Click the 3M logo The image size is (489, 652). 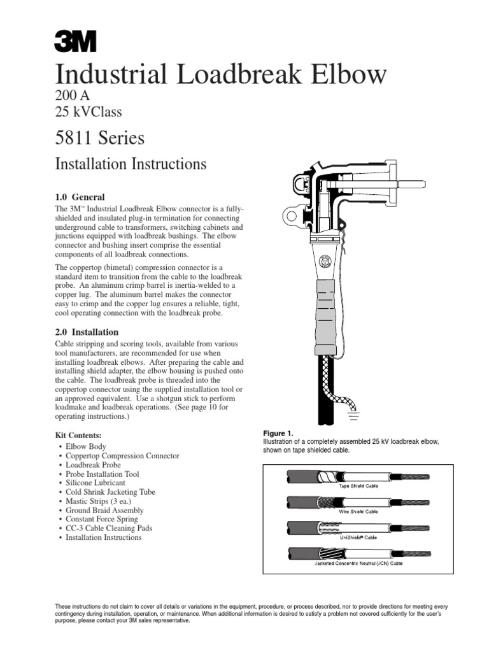(x=75, y=42)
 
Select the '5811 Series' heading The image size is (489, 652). (x=100, y=138)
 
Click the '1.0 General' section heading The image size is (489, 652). (x=80, y=197)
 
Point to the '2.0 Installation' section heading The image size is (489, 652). (x=87, y=332)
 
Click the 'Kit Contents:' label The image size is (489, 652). (x=79, y=435)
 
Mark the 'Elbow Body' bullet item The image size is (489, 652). (x=86, y=447)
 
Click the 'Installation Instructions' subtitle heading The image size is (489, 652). (x=131, y=164)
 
